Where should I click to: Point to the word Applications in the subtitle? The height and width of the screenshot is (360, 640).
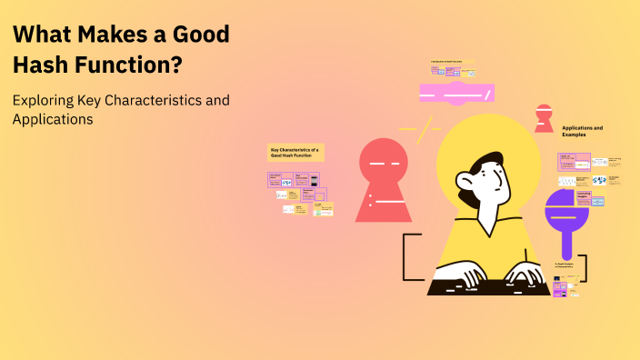54,119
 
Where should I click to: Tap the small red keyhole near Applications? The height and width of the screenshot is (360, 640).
545,117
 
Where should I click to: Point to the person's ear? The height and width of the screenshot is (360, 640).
465,194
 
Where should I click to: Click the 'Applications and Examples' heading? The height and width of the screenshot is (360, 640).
583,131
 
